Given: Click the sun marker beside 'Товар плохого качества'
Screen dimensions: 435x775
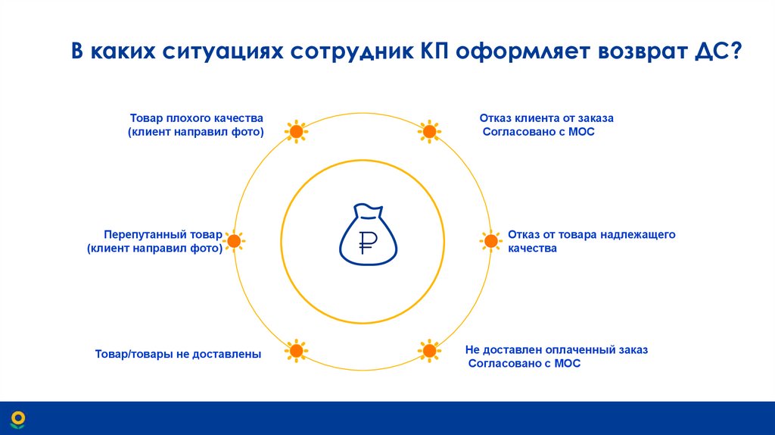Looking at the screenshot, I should (296, 132).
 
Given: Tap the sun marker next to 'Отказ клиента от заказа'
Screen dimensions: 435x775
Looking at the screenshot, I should (429, 132).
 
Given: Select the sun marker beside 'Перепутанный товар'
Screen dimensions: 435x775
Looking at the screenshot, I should (235, 241).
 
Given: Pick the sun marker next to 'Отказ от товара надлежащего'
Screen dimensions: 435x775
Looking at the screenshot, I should (490, 241).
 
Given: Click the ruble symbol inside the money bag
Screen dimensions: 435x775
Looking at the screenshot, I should (367, 243).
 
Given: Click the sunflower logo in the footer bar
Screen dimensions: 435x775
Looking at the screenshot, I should (17, 418).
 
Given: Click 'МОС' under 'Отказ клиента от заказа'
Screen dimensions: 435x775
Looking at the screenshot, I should (579, 132).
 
